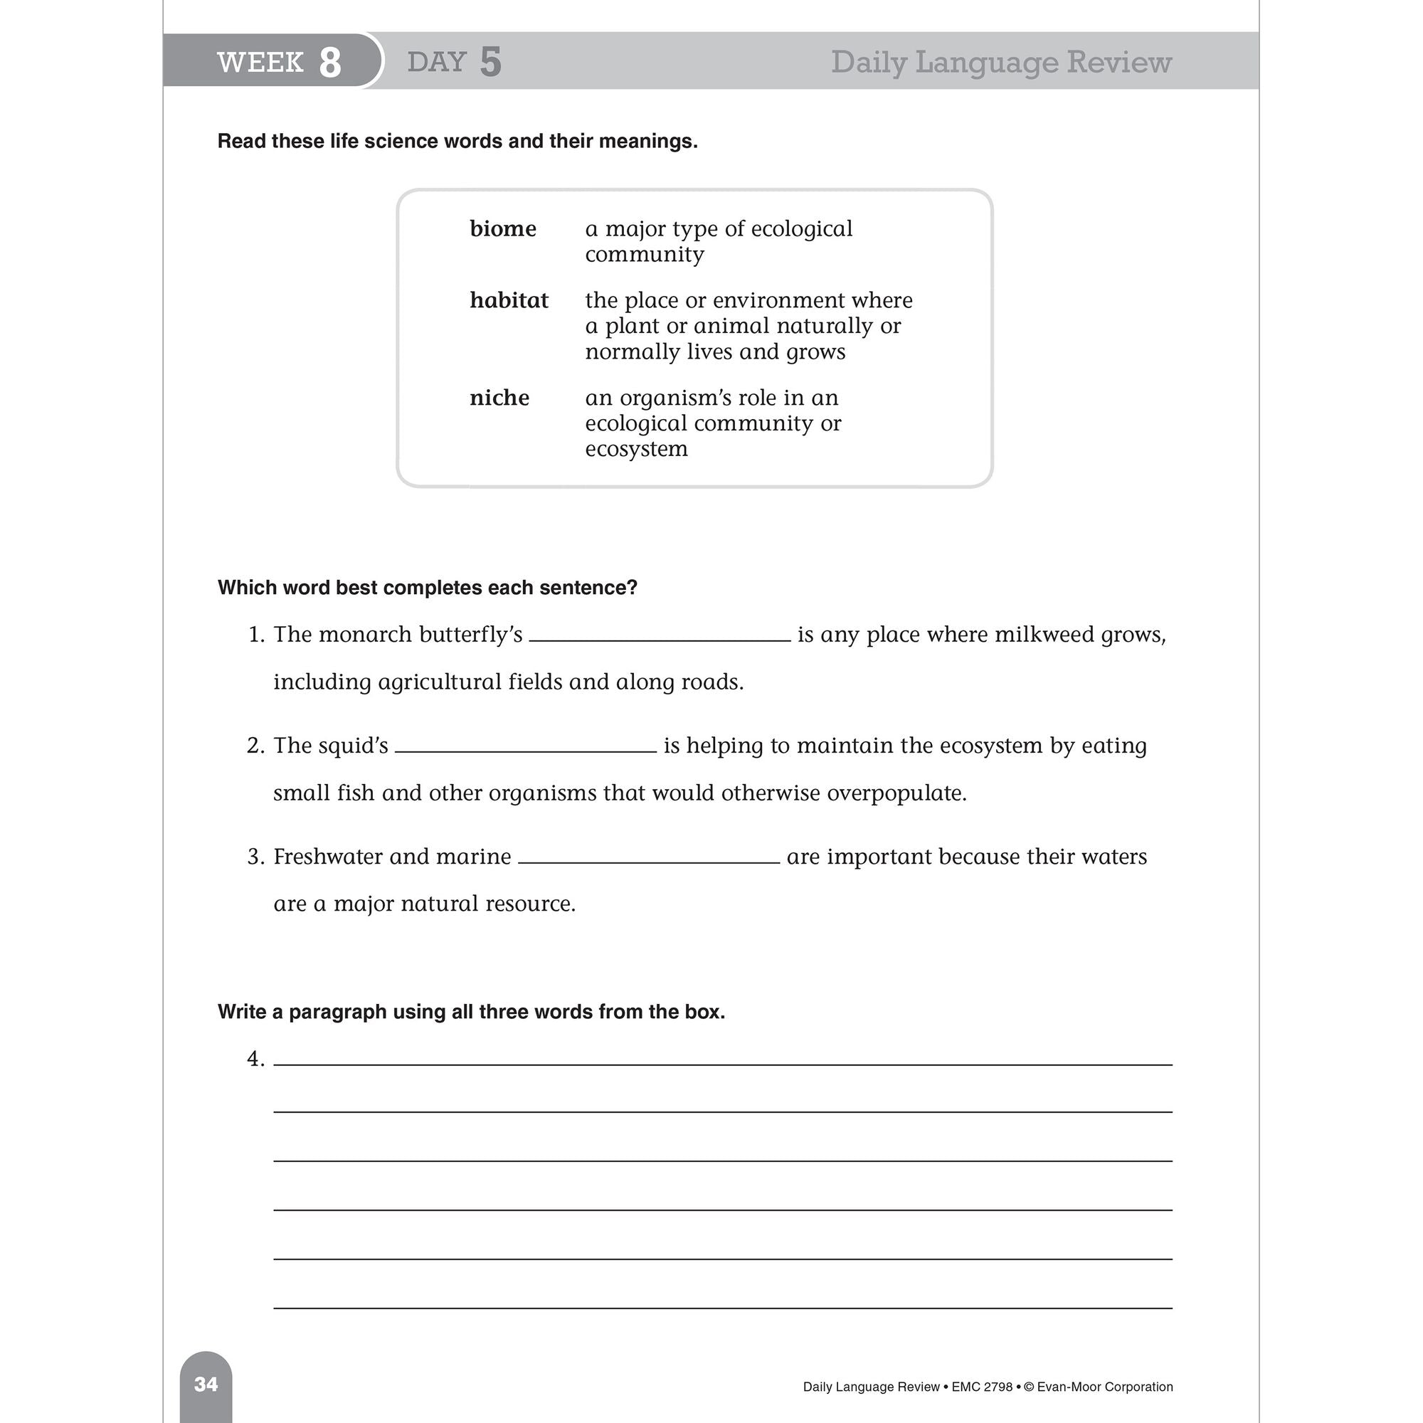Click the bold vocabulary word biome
tap(502, 229)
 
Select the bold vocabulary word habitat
tap(509, 300)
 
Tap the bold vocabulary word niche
tap(499, 398)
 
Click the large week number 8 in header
tap(330, 63)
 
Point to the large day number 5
tap(490, 62)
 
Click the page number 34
tap(206, 1385)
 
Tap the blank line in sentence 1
tap(660, 638)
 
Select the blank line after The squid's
tap(525, 749)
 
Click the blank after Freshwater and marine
tap(648, 859)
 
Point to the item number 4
tap(255, 1059)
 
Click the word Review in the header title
tap(1118, 62)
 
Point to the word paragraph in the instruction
tap(337, 1012)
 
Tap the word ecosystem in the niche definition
tap(636, 449)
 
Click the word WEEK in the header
tap(260, 63)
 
